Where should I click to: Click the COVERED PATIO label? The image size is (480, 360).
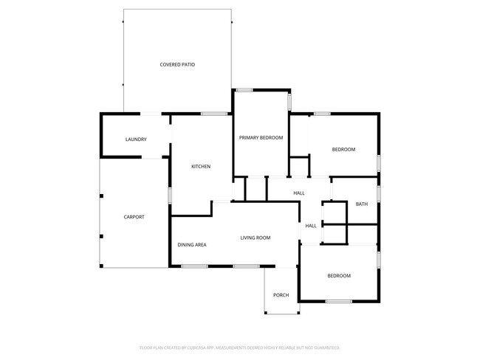[177, 65]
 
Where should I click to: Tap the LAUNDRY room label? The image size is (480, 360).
[136, 139]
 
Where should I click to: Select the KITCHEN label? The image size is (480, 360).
[201, 167]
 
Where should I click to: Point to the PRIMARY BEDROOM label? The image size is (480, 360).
[261, 138]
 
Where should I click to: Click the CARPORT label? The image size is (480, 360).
[134, 217]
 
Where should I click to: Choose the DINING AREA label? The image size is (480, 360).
[192, 244]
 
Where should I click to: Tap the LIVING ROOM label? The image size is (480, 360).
[256, 238]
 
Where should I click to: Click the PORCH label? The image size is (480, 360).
[281, 295]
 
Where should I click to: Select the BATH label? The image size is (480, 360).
[361, 204]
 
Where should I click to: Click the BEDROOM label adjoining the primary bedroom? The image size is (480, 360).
[343, 150]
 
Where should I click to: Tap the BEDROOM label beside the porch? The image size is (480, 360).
[339, 276]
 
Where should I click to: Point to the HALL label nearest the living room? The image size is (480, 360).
[311, 226]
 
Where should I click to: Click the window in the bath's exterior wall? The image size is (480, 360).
[378, 193]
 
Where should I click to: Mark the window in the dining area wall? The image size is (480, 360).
[194, 266]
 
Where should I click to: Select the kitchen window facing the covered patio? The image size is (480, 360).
[214, 113]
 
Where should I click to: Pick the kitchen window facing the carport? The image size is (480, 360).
[171, 195]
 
